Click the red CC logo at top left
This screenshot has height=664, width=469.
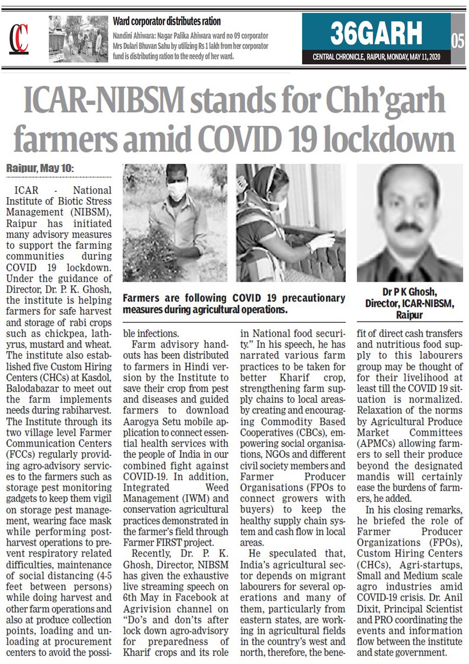click(19, 38)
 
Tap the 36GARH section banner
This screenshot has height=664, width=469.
click(376, 33)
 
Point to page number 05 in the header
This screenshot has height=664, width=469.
click(458, 41)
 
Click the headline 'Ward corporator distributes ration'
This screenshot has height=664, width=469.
click(166, 21)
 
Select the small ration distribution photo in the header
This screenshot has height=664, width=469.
click(78, 39)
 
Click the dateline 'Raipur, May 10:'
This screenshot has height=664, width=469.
click(40, 168)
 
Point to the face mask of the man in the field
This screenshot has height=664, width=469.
click(177, 190)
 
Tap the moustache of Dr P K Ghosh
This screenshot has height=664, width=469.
click(408, 227)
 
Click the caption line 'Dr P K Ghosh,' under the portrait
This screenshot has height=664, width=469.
click(409, 292)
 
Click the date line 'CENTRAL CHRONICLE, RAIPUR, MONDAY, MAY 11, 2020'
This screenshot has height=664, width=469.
click(376, 57)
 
